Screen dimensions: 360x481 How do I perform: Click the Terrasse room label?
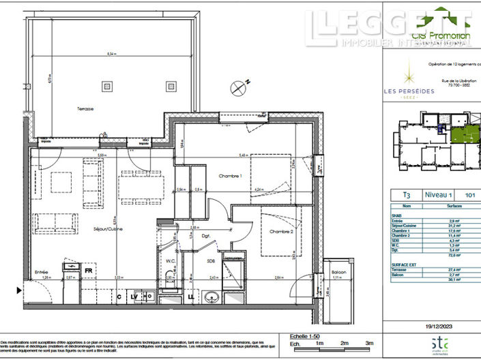point(47,109)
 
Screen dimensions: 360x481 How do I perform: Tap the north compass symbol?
point(239,87)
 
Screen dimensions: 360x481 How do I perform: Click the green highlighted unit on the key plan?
point(465,138)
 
